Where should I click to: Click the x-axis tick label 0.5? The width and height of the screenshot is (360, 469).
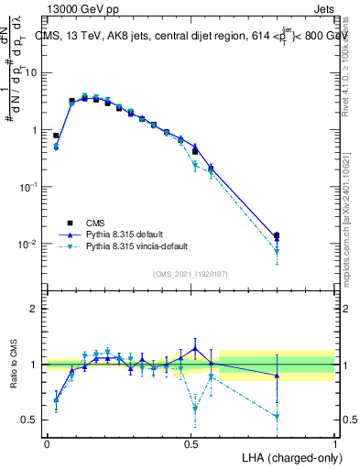coord(191,442)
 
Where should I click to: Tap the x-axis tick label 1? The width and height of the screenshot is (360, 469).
coord(335,442)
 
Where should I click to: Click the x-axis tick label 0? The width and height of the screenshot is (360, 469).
coord(47,442)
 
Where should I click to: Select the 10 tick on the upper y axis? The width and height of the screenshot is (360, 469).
coord(30,72)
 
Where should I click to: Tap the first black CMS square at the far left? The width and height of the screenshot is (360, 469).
coord(56,136)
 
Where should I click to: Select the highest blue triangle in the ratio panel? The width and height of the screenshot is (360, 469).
coord(194,348)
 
